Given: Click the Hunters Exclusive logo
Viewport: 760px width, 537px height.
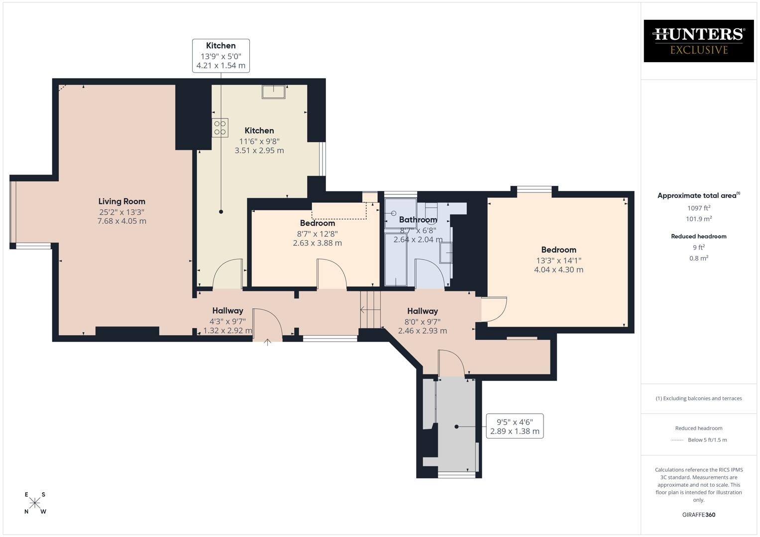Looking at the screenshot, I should (x=698, y=41).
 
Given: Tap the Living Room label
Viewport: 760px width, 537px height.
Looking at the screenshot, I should (x=121, y=201).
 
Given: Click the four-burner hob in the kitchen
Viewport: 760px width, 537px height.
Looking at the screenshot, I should (x=220, y=128).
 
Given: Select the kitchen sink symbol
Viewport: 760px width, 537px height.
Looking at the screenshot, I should (x=274, y=92).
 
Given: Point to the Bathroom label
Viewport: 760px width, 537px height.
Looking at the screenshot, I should (x=418, y=220).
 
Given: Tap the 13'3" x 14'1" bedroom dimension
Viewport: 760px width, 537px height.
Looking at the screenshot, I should (x=558, y=260).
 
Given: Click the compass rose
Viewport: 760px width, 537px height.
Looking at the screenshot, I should (x=35, y=503).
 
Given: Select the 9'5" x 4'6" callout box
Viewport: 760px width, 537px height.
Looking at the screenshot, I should (x=515, y=426).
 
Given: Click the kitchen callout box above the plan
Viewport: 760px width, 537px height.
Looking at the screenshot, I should (x=221, y=56).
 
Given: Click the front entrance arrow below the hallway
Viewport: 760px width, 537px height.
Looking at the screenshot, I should (x=267, y=342).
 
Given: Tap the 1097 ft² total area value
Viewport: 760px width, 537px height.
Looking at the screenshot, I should (x=698, y=208).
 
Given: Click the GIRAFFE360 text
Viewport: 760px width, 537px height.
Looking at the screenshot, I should (x=698, y=515).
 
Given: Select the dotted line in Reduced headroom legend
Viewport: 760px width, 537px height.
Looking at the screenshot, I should (x=677, y=440).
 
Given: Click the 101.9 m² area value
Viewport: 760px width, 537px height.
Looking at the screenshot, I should (x=698, y=219).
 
